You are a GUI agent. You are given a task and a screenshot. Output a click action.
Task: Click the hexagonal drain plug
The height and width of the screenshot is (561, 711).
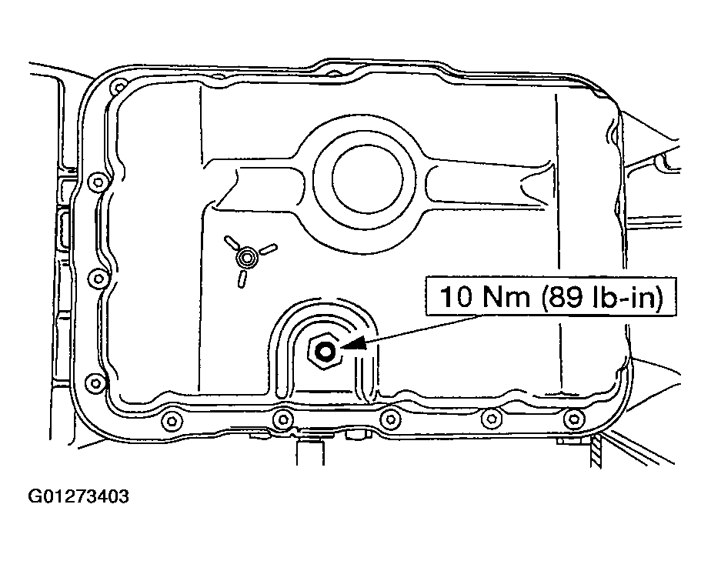[x=324, y=352]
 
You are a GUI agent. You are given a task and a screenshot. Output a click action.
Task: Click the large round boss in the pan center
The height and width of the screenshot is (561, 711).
[x=366, y=176]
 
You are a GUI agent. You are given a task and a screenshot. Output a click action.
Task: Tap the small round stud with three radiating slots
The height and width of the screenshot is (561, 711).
[x=246, y=256]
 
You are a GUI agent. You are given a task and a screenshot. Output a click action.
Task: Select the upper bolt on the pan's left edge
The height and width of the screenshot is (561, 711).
[x=96, y=182]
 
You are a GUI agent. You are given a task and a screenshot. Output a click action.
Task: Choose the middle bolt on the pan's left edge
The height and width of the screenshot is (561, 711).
[x=96, y=277]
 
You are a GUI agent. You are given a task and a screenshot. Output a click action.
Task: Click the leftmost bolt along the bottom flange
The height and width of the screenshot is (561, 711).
[x=171, y=420]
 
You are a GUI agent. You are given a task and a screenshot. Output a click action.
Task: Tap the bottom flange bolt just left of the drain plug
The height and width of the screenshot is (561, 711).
[x=283, y=419]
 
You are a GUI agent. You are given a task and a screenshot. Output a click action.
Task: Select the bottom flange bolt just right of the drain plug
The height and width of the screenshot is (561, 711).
[x=391, y=419]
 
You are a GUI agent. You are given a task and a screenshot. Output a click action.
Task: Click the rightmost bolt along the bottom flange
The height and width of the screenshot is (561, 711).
[x=571, y=419]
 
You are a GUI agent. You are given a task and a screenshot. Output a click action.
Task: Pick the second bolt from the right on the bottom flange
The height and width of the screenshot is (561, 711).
[x=490, y=419]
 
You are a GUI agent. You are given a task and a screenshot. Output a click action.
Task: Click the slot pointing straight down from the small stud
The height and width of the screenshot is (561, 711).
[x=243, y=278]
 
